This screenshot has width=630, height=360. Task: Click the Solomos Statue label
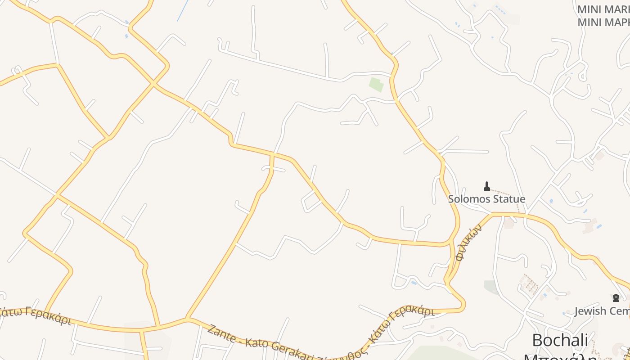point(486,199)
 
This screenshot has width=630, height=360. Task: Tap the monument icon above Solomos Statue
point(486,186)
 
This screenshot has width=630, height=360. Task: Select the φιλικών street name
point(468,243)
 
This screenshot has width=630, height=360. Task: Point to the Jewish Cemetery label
point(602,311)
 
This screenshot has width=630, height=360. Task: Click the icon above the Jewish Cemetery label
point(616,297)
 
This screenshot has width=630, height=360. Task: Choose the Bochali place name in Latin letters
point(560,340)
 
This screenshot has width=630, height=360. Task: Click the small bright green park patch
point(376,84)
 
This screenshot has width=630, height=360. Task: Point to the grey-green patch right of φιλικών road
point(490,287)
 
